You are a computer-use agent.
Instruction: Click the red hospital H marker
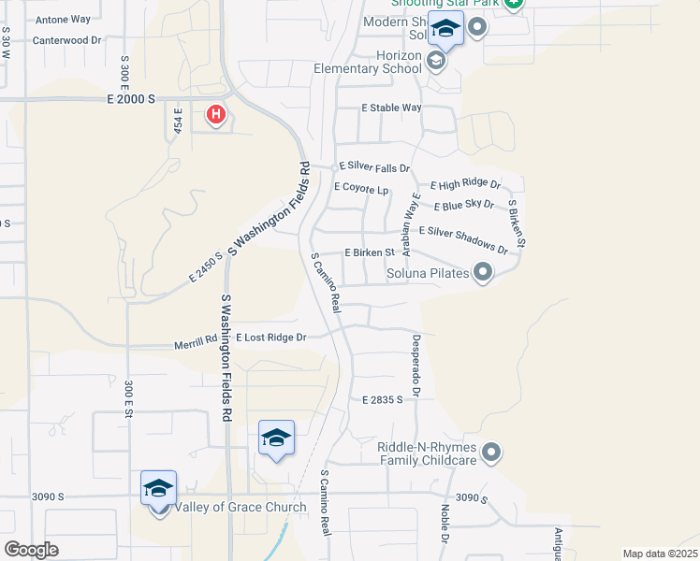click(x=216, y=115)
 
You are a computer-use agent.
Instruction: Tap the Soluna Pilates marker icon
click(x=483, y=273)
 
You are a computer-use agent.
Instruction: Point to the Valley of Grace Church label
click(x=241, y=508)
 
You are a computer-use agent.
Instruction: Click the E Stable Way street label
click(x=392, y=108)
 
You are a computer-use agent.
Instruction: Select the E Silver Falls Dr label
click(x=374, y=166)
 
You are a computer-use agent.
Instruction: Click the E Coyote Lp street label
click(x=361, y=188)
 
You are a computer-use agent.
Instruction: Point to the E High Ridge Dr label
click(x=465, y=186)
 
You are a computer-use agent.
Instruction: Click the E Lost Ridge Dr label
click(x=270, y=337)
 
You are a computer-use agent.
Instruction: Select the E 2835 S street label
click(x=382, y=399)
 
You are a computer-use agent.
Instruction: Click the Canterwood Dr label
click(x=66, y=40)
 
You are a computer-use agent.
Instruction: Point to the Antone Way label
click(x=62, y=19)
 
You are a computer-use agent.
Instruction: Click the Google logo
click(x=31, y=549)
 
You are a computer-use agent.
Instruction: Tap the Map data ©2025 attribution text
click(x=660, y=554)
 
